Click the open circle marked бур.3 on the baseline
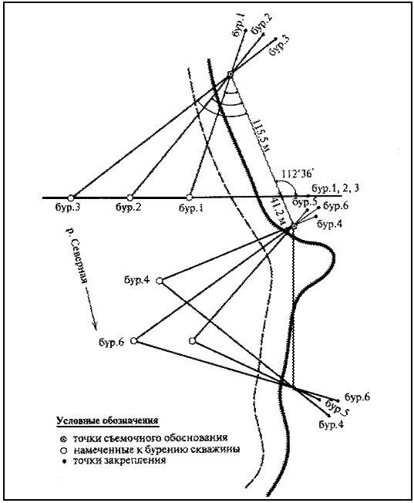[x=71, y=197]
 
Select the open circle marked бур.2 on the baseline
[x=130, y=197]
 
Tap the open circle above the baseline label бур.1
[x=190, y=197]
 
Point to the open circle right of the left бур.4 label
[x=160, y=281]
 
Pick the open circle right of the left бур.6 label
[x=134, y=340]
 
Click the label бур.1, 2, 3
[x=335, y=187]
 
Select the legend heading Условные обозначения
[x=107, y=421]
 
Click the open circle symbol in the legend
[x=64, y=451]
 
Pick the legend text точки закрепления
[x=119, y=461]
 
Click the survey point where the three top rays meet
[x=230, y=74]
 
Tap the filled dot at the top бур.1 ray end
[x=245, y=30]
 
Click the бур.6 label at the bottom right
[x=357, y=397]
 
